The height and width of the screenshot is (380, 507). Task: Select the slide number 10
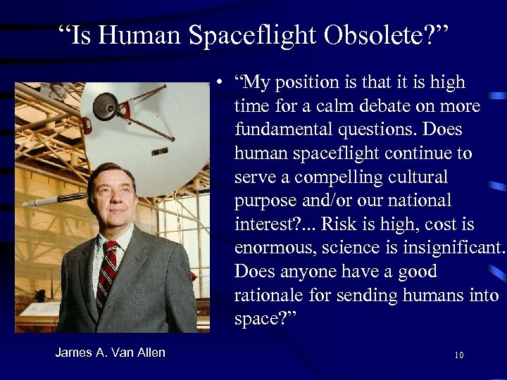pos(459,355)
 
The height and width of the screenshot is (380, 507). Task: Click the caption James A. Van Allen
pos(111,353)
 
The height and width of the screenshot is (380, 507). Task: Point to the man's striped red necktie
pos(108,274)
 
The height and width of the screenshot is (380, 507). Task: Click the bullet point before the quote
pos(220,82)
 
